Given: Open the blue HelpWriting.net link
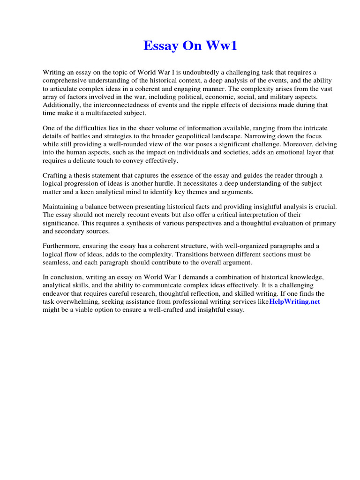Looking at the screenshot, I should pos(294,301).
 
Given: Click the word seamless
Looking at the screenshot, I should pos(55,262).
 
